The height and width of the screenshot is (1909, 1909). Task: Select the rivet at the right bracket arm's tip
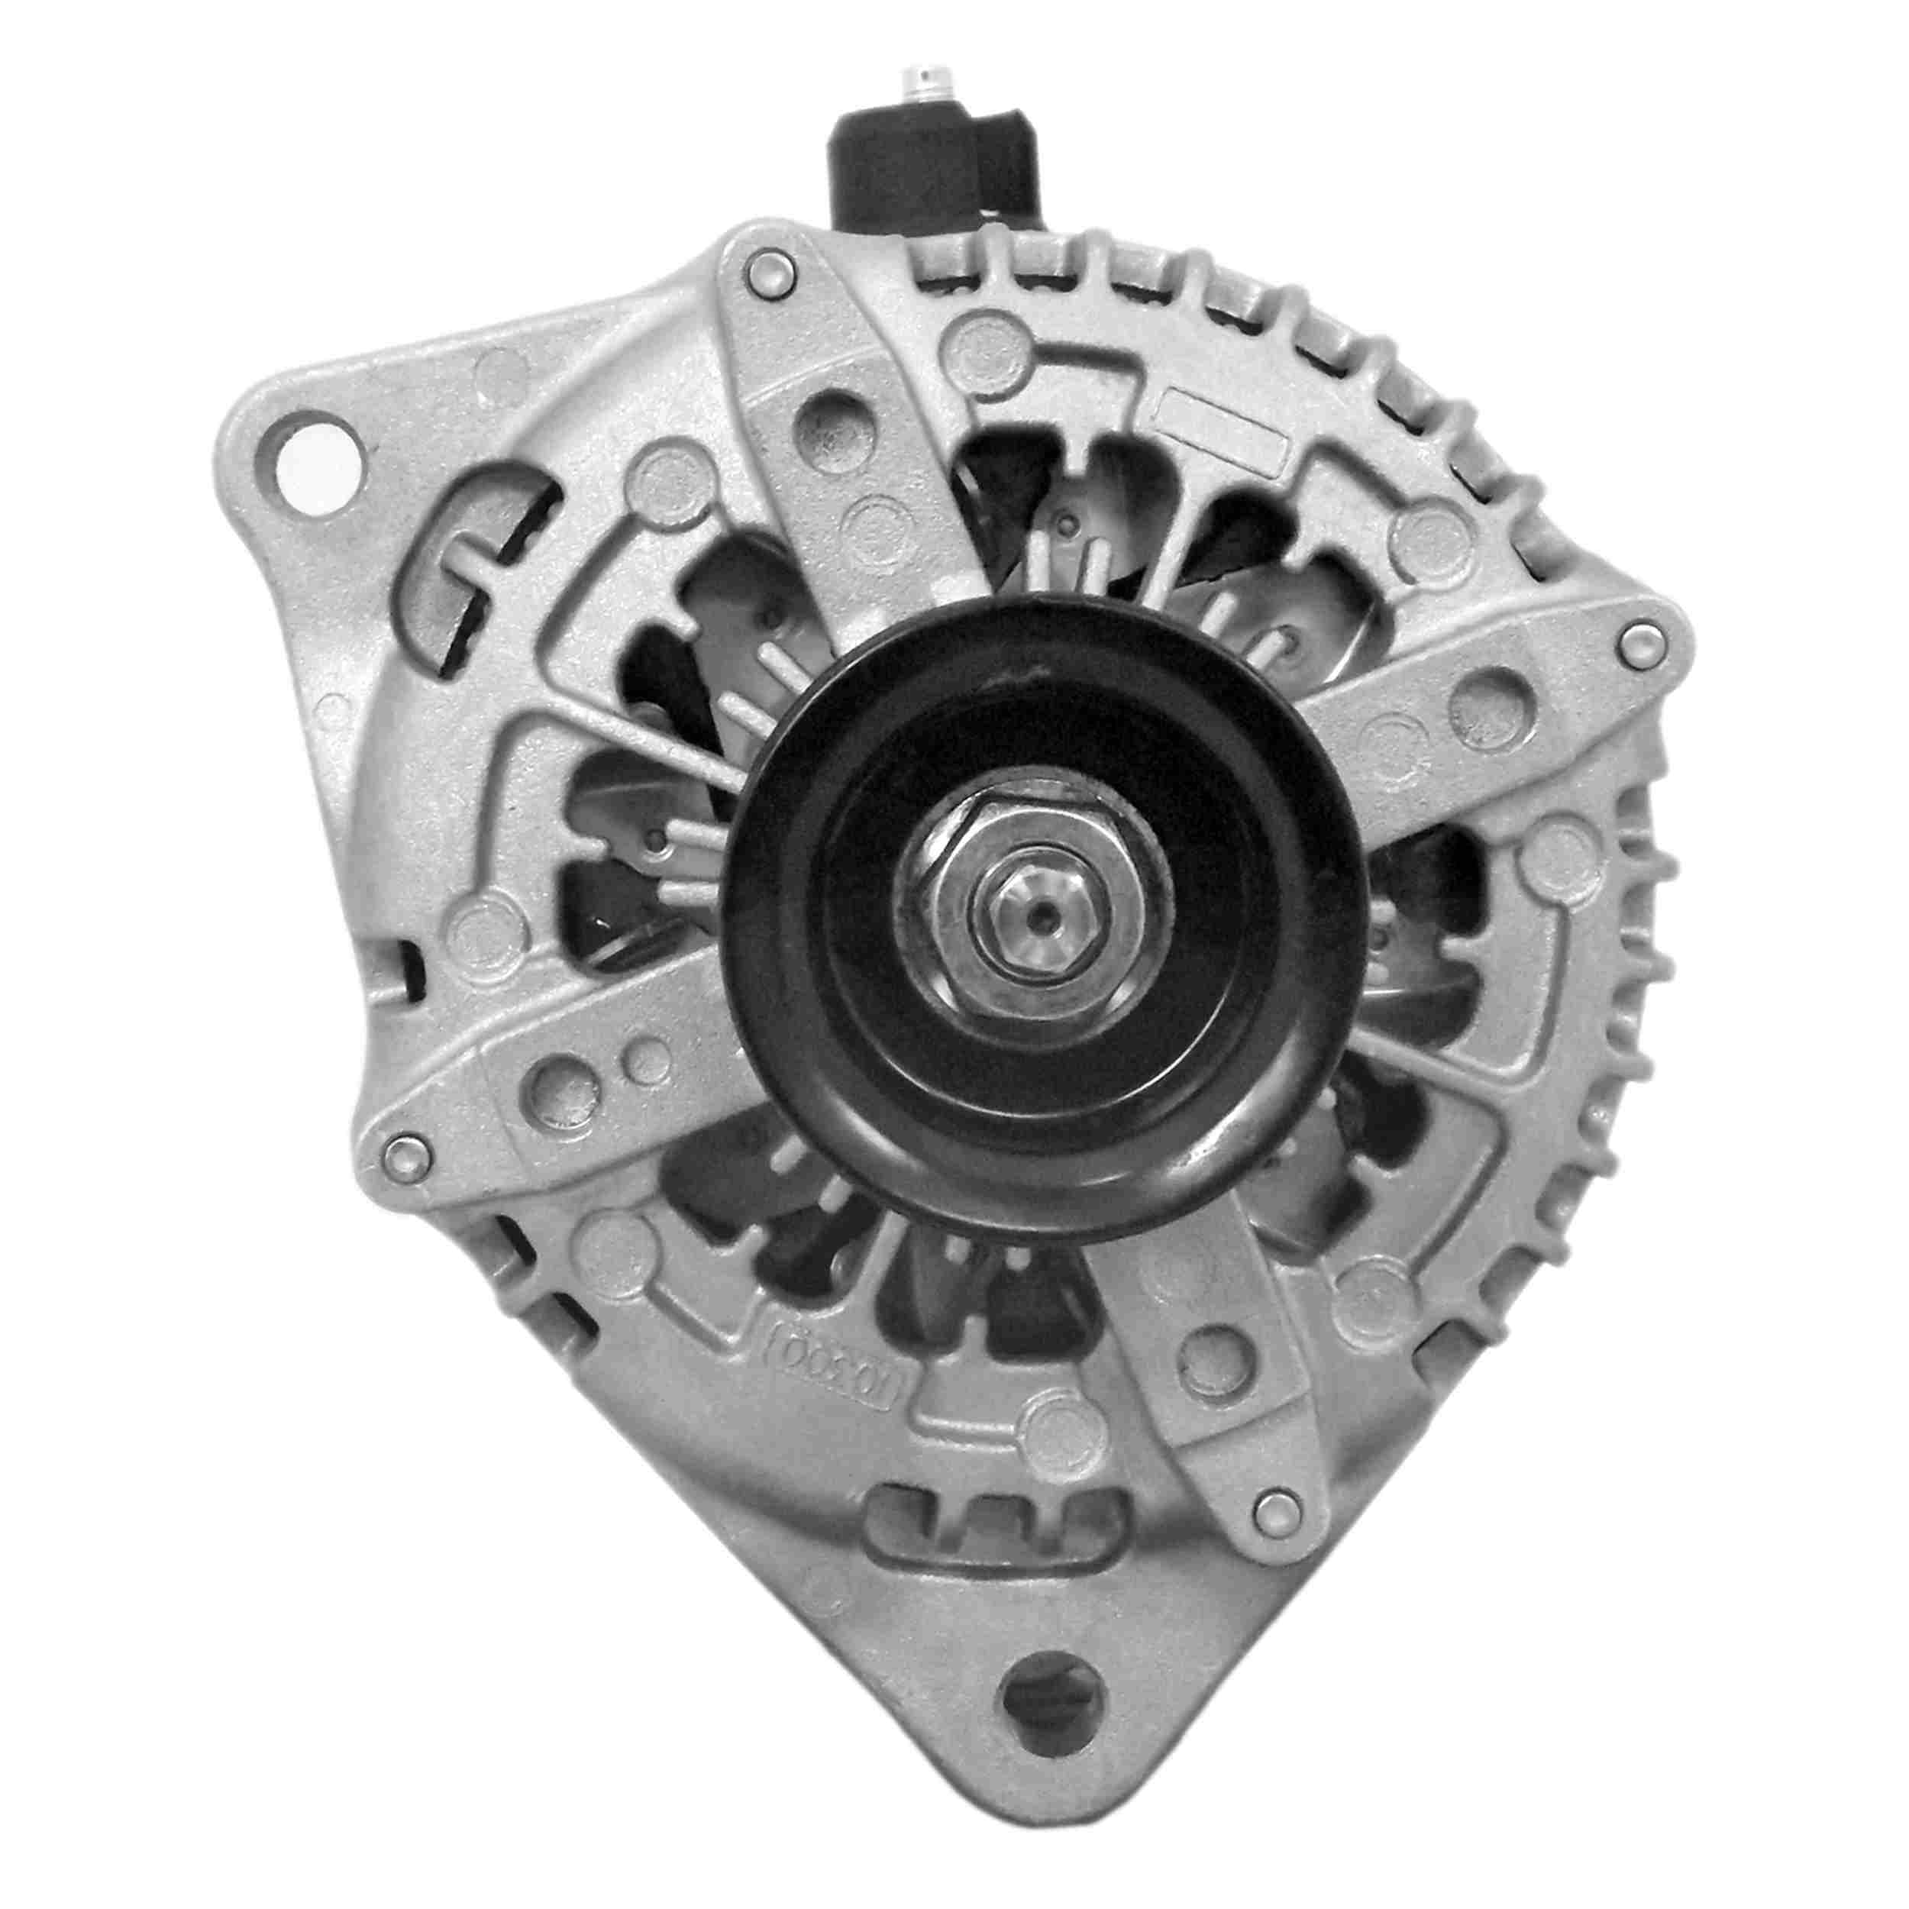[x=1641, y=642]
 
